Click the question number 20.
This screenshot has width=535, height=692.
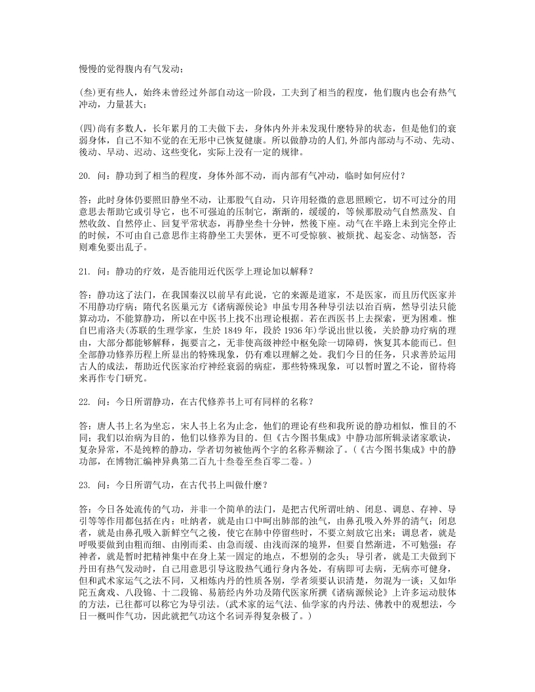click(83, 176)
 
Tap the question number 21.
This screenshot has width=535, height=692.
click(83, 270)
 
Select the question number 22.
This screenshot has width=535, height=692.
click(83, 401)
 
